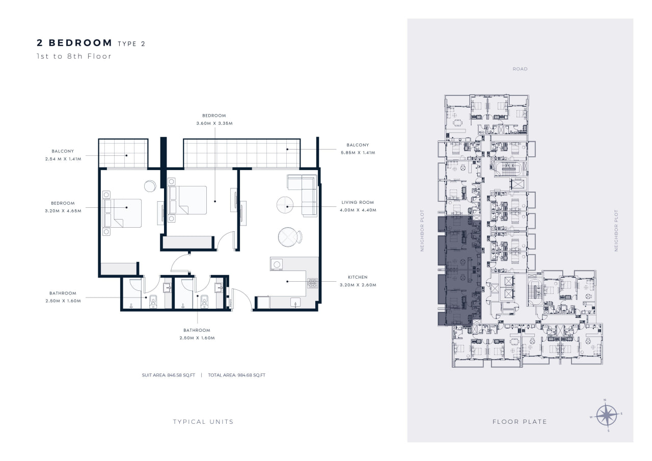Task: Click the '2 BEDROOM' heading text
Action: point(74,43)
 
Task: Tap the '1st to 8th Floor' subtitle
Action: point(74,56)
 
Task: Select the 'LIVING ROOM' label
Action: point(358,202)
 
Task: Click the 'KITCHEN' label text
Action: point(358,277)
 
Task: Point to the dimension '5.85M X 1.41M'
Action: point(358,152)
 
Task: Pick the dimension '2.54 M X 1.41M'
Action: point(63,159)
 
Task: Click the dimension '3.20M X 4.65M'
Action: point(63,211)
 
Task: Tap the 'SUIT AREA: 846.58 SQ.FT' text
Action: point(169,375)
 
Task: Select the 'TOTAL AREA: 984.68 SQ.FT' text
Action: point(237,375)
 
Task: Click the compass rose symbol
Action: point(607,415)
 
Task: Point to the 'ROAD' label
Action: point(520,69)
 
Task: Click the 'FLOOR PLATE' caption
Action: point(520,422)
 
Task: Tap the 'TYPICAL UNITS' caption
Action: point(203,422)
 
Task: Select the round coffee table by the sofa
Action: point(285,205)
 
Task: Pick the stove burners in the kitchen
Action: point(312,283)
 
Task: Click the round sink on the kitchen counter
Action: point(277,264)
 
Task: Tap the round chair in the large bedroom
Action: point(150,186)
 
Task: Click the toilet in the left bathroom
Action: point(153,301)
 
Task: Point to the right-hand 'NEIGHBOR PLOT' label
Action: point(616,230)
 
